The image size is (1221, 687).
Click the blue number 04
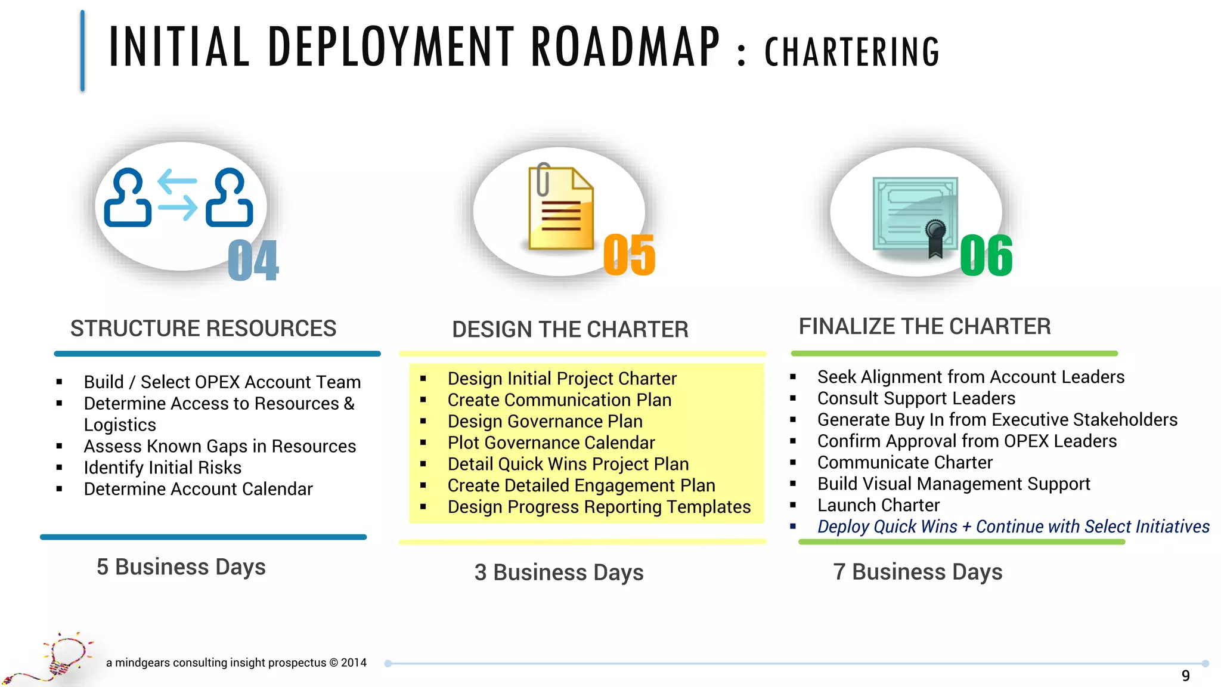(x=253, y=261)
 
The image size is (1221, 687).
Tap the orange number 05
(x=629, y=255)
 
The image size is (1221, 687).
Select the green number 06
(x=986, y=256)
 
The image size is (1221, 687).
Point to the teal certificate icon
(x=915, y=215)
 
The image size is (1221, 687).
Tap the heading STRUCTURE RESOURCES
(x=203, y=329)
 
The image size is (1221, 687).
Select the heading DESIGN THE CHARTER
(x=570, y=330)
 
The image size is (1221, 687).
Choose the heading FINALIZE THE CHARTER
(x=925, y=327)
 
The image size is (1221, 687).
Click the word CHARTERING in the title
(x=852, y=52)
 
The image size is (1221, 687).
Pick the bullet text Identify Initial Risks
(x=163, y=468)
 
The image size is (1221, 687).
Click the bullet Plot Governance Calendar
(x=551, y=442)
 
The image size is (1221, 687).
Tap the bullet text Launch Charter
(x=878, y=505)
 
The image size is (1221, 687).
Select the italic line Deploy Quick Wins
(x=1013, y=527)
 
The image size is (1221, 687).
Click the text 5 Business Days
(x=181, y=567)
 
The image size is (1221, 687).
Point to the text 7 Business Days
(x=918, y=572)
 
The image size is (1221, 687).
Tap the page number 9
(x=1185, y=676)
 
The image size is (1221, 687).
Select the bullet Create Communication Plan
(x=559, y=400)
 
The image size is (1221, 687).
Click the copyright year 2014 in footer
(x=354, y=663)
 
